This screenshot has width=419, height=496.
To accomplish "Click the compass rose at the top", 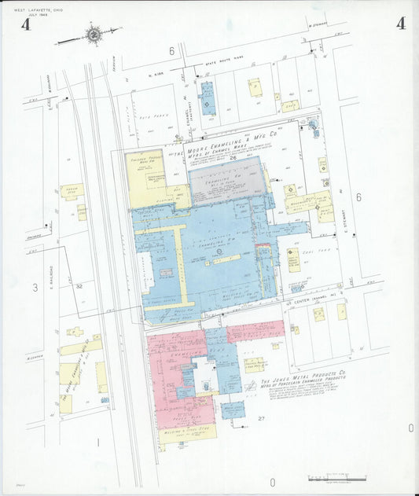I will (94, 34).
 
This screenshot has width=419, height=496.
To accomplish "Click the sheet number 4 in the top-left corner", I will (26, 24).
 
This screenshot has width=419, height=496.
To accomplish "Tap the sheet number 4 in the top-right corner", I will (401, 24).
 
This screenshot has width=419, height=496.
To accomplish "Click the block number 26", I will (233, 158).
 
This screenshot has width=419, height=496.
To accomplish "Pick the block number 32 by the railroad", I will (79, 286).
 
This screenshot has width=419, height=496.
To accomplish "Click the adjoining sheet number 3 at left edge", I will (35, 288).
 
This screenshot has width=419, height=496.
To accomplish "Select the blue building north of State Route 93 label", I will (208, 98).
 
